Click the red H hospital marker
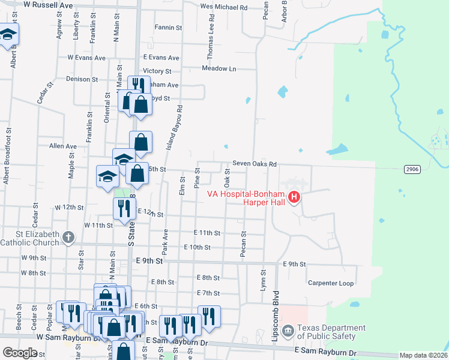294,197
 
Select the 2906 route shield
411,169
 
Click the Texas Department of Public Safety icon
288,329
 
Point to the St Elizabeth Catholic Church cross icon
68,238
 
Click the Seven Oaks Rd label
255,164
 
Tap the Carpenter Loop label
331,283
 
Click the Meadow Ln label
219,68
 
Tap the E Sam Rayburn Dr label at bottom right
325,353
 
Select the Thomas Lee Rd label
211,41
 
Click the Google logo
20,353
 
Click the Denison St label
82,79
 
